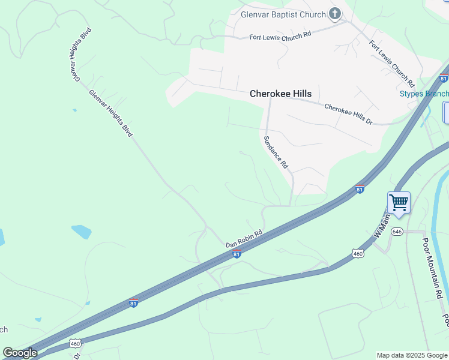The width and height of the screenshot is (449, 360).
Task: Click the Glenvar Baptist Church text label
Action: (x=282, y=14)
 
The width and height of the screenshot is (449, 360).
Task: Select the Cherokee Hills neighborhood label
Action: (x=280, y=94)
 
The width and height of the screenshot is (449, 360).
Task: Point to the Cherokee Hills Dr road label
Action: (x=348, y=114)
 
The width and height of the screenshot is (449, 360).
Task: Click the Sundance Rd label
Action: (x=276, y=151)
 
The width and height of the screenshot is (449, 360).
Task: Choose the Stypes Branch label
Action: (x=424, y=94)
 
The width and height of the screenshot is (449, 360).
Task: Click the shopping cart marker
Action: (x=399, y=202)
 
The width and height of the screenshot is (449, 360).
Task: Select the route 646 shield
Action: (x=397, y=231)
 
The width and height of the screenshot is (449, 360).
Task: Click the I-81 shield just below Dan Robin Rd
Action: (x=237, y=254)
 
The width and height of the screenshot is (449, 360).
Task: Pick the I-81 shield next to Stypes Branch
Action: (x=444, y=78)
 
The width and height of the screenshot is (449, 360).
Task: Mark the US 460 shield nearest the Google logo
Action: (x=75, y=344)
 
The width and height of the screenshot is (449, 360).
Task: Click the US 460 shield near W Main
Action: (x=358, y=254)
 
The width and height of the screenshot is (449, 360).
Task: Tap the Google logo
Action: (x=20, y=352)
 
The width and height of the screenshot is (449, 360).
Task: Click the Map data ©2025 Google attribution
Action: (x=412, y=355)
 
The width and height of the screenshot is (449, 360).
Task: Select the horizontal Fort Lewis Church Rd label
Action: (x=280, y=35)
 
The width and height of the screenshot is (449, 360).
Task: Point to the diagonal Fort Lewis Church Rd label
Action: (x=392, y=62)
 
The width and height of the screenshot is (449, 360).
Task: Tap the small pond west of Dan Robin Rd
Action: (x=81, y=230)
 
